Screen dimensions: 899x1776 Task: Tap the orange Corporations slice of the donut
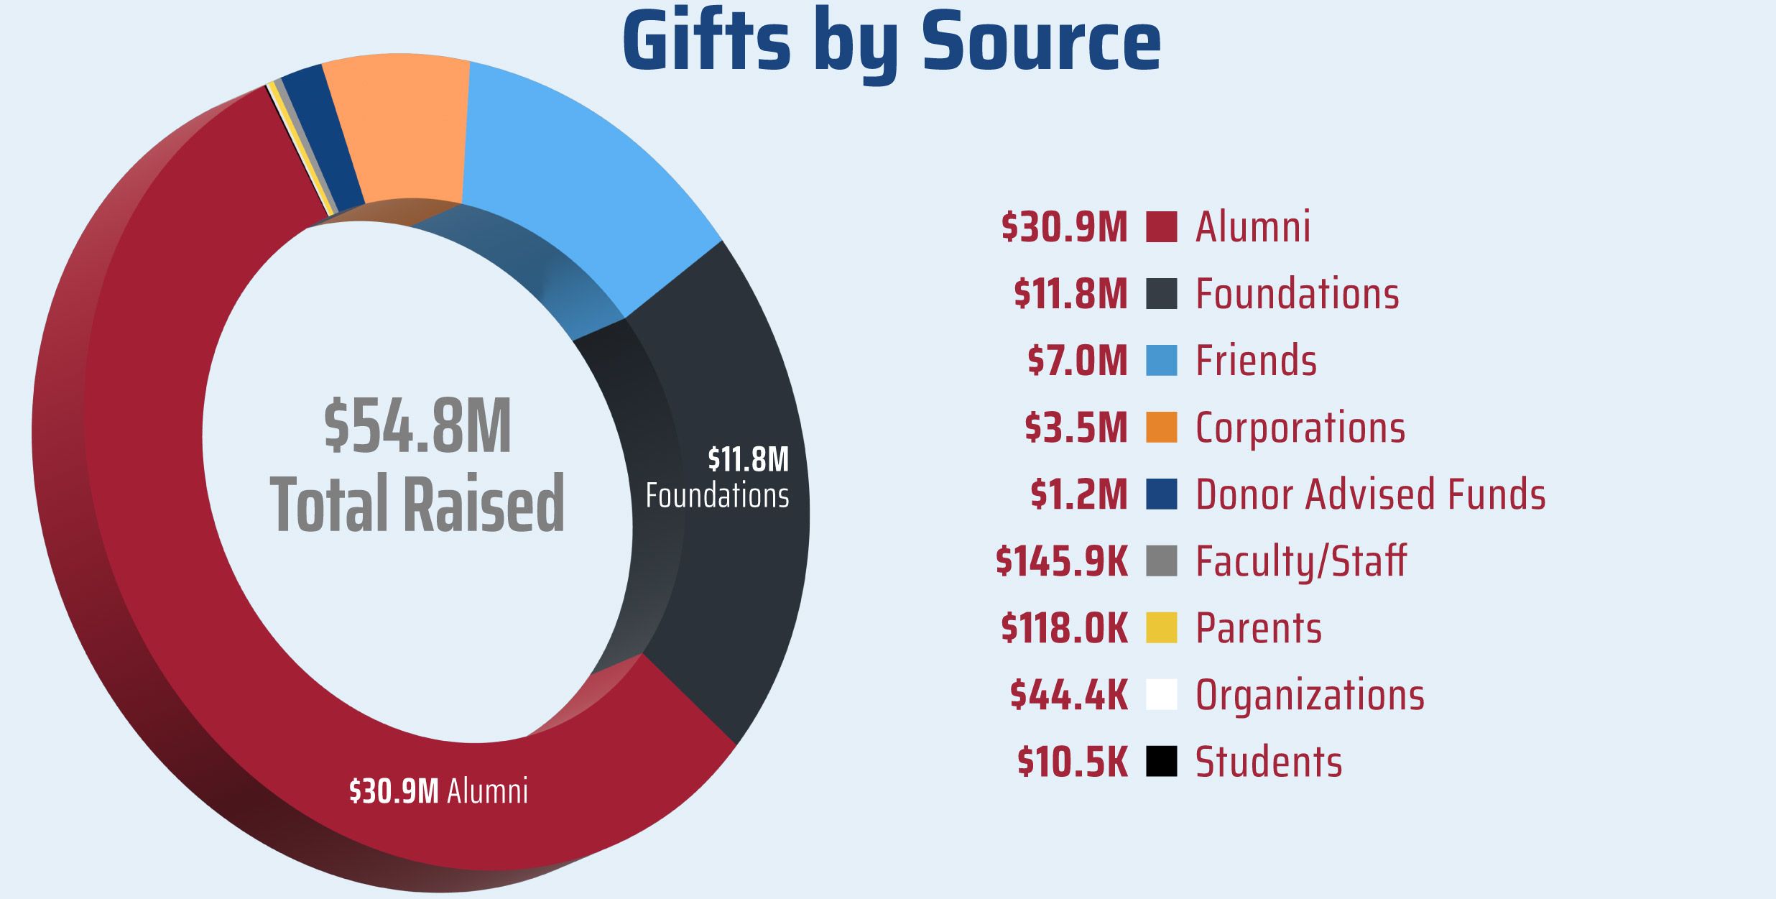[x=402, y=129]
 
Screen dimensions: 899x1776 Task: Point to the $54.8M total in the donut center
[x=417, y=427]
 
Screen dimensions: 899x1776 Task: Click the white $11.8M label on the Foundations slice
[x=748, y=460]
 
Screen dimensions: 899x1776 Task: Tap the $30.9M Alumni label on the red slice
[x=438, y=791]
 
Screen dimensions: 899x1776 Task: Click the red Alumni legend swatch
[x=1161, y=227]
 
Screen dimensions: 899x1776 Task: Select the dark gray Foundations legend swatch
[x=1161, y=294]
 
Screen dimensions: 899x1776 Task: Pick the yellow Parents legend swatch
[x=1161, y=627]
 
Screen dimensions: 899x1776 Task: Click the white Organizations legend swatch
[x=1161, y=694]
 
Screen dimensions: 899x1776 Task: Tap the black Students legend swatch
[x=1161, y=761]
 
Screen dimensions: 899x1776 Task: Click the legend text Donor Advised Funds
[x=1370, y=494]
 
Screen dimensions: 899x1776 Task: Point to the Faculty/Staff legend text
[x=1300, y=561]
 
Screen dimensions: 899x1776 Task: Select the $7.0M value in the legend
[x=1077, y=361]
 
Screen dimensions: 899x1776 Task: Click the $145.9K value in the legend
[x=1061, y=561]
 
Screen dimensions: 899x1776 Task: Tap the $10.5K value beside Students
[x=1072, y=762]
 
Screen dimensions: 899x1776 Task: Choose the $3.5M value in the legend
[x=1076, y=428]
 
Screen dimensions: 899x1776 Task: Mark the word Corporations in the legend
[x=1300, y=428]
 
